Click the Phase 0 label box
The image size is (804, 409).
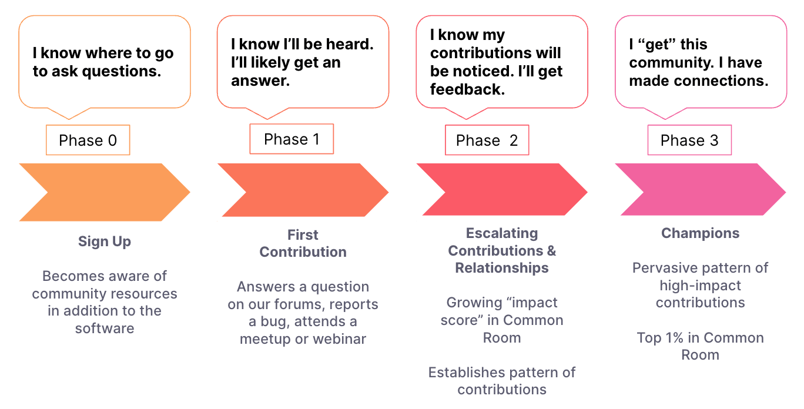coord(88,140)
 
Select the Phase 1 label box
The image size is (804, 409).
coord(292,139)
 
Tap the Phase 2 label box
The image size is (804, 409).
coord(487,140)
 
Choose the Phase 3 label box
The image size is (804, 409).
coord(689,140)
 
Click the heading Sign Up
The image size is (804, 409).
coord(105,242)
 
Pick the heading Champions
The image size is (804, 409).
coord(701,233)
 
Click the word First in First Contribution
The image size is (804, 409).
coord(303,235)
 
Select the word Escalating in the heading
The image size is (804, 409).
coord(502,233)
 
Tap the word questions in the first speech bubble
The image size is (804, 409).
coord(122,71)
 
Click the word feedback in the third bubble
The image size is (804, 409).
coord(467,89)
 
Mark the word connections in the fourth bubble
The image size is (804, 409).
coord(721,81)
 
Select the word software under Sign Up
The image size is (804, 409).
coord(105,328)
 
